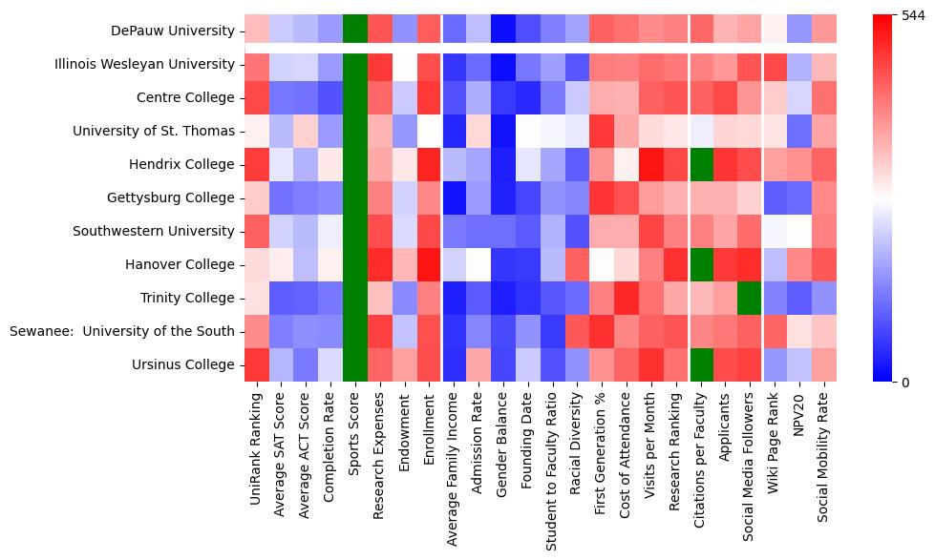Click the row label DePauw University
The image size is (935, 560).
pyautogui.click(x=172, y=31)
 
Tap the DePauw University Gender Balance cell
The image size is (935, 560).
pyautogui.click(x=504, y=31)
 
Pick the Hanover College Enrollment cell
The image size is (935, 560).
pyautogui.click(x=430, y=264)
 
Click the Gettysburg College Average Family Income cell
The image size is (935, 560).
pyautogui.click(x=455, y=197)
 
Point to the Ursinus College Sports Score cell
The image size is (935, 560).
pyautogui.click(x=355, y=364)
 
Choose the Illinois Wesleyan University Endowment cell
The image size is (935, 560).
pyautogui.click(x=405, y=64)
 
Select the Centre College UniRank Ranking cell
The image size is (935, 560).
pyautogui.click(x=256, y=97)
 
